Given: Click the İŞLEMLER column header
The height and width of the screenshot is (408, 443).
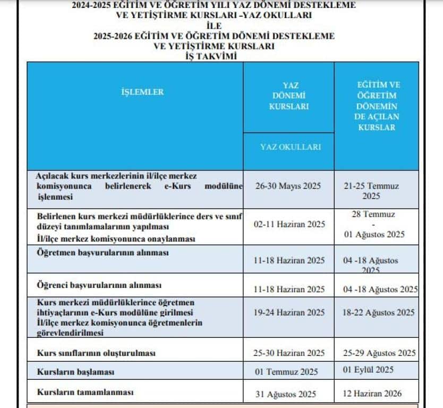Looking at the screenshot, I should pyautogui.click(x=142, y=92).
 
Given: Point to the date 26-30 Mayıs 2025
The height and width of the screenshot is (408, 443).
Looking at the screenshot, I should pyautogui.click(x=289, y=186).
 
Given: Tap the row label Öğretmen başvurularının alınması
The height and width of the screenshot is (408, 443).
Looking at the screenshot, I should pyautogui.click(x=103, y=253).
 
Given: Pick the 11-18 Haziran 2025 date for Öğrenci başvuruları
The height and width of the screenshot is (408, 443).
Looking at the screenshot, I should pyautogui.click(x=289, y=289).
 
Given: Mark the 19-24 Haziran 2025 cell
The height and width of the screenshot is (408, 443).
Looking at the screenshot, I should pyautogui.click(x=289, y=313).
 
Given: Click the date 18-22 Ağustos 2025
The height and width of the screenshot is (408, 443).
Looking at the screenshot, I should pyautogui.click(x=378, y=313).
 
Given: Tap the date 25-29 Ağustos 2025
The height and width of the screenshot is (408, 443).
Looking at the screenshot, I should pyautogui.click(x=378, y=353).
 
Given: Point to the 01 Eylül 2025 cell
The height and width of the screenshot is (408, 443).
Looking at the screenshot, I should pyautogui.click(x=368, y=370).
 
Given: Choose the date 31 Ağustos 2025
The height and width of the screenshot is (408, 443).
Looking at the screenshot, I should pyautogui.click(x=285, y=394).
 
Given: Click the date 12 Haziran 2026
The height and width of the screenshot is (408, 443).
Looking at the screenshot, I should pyautogui.click(x=372, y=394).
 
